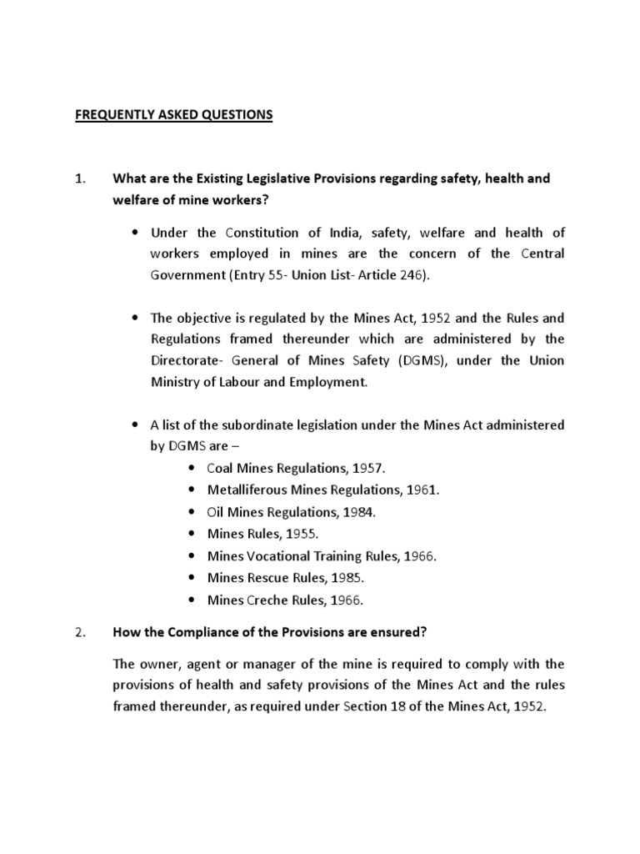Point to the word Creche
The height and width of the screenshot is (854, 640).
point(263,599)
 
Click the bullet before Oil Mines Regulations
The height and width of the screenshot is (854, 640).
point(192,512)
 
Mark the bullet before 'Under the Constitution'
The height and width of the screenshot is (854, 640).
point(135,232)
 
